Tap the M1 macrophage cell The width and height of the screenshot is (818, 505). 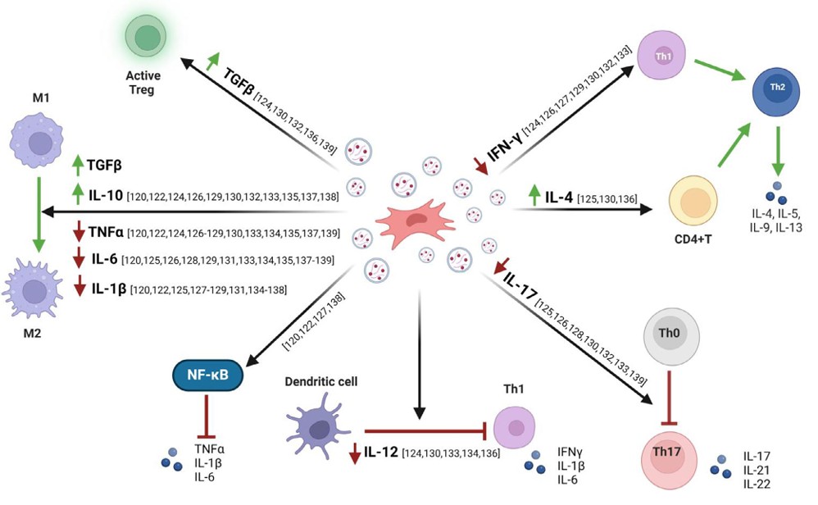(38, 141)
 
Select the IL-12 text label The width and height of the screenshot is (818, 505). (382, 451)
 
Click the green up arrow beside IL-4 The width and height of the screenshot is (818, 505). (534, 196)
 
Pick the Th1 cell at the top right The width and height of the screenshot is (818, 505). (662, 56)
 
